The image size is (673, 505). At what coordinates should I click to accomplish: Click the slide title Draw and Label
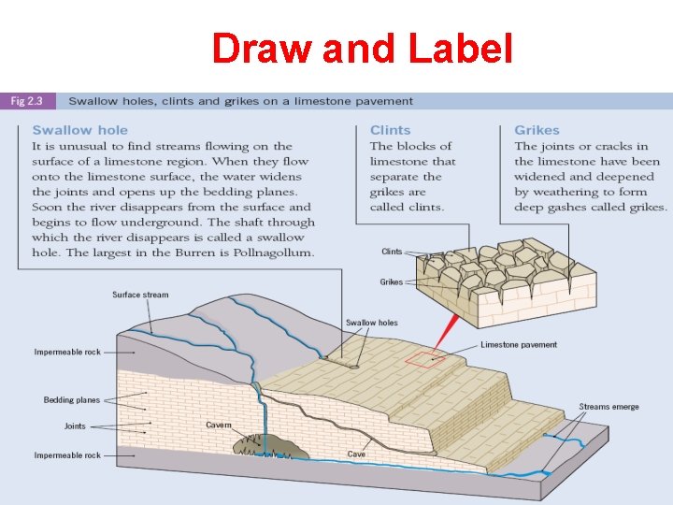362,50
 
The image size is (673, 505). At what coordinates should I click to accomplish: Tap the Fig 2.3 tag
30,101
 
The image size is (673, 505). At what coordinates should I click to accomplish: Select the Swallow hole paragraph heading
79,130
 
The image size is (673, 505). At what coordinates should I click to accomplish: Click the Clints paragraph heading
390,130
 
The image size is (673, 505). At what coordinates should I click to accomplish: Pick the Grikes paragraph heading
537,130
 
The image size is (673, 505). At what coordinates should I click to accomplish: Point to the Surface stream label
140,295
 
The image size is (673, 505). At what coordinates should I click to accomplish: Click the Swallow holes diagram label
371,323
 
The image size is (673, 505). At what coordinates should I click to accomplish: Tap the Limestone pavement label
518,344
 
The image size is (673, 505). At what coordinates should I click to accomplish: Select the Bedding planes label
71,400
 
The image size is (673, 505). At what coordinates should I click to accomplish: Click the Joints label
75,426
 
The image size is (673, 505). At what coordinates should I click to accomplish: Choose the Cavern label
218,425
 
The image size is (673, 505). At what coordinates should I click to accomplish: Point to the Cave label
356,454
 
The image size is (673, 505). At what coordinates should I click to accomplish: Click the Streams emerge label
609,407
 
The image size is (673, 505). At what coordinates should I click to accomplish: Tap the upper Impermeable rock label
67,353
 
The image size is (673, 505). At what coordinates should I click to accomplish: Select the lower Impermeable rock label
67,455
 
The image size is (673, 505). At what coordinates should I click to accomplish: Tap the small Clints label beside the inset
392,252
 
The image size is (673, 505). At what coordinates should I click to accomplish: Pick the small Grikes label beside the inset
391,281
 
